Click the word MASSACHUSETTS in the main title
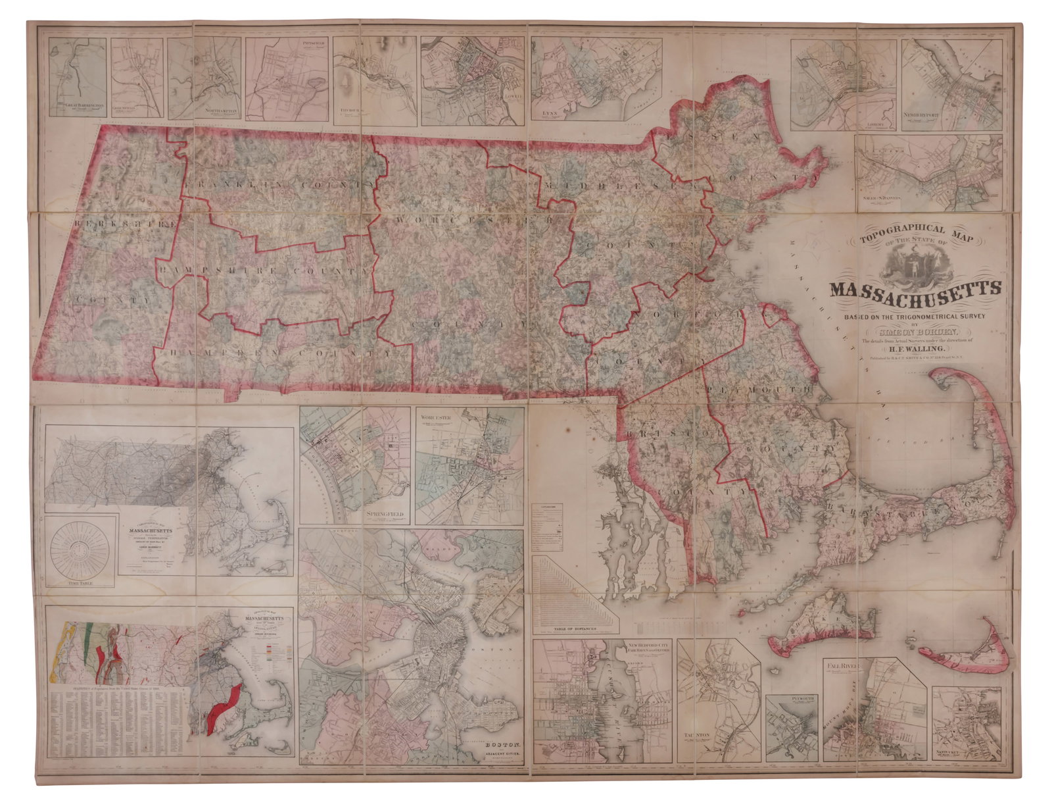tap(915, 290)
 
